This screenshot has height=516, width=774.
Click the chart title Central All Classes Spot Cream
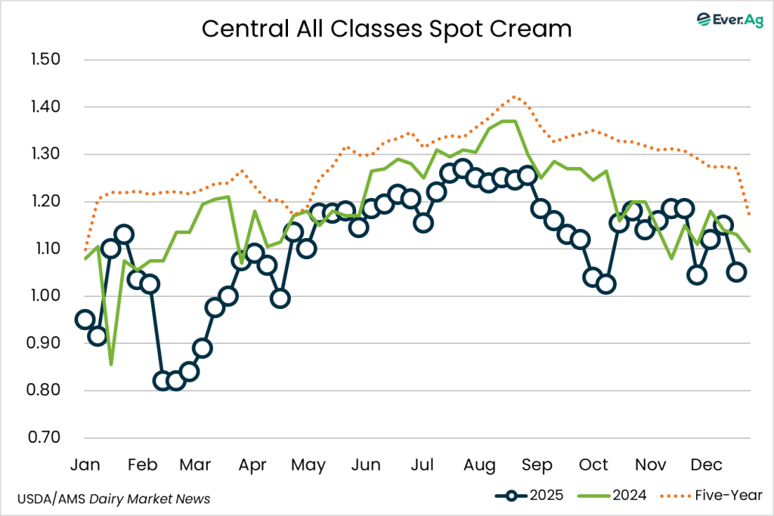pos(386,29)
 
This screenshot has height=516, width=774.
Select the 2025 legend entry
pos(534,496)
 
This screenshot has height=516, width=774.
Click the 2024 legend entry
pos(611,496)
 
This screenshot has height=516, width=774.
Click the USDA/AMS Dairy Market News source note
pos(113,499)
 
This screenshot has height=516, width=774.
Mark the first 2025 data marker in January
pos(85,320)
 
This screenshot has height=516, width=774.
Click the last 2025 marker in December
pos(736,272)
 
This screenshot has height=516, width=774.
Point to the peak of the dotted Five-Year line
pos(514,97)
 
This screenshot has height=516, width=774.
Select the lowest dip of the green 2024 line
pos(111,364)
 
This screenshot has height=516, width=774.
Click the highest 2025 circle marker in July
pos(463,168)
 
